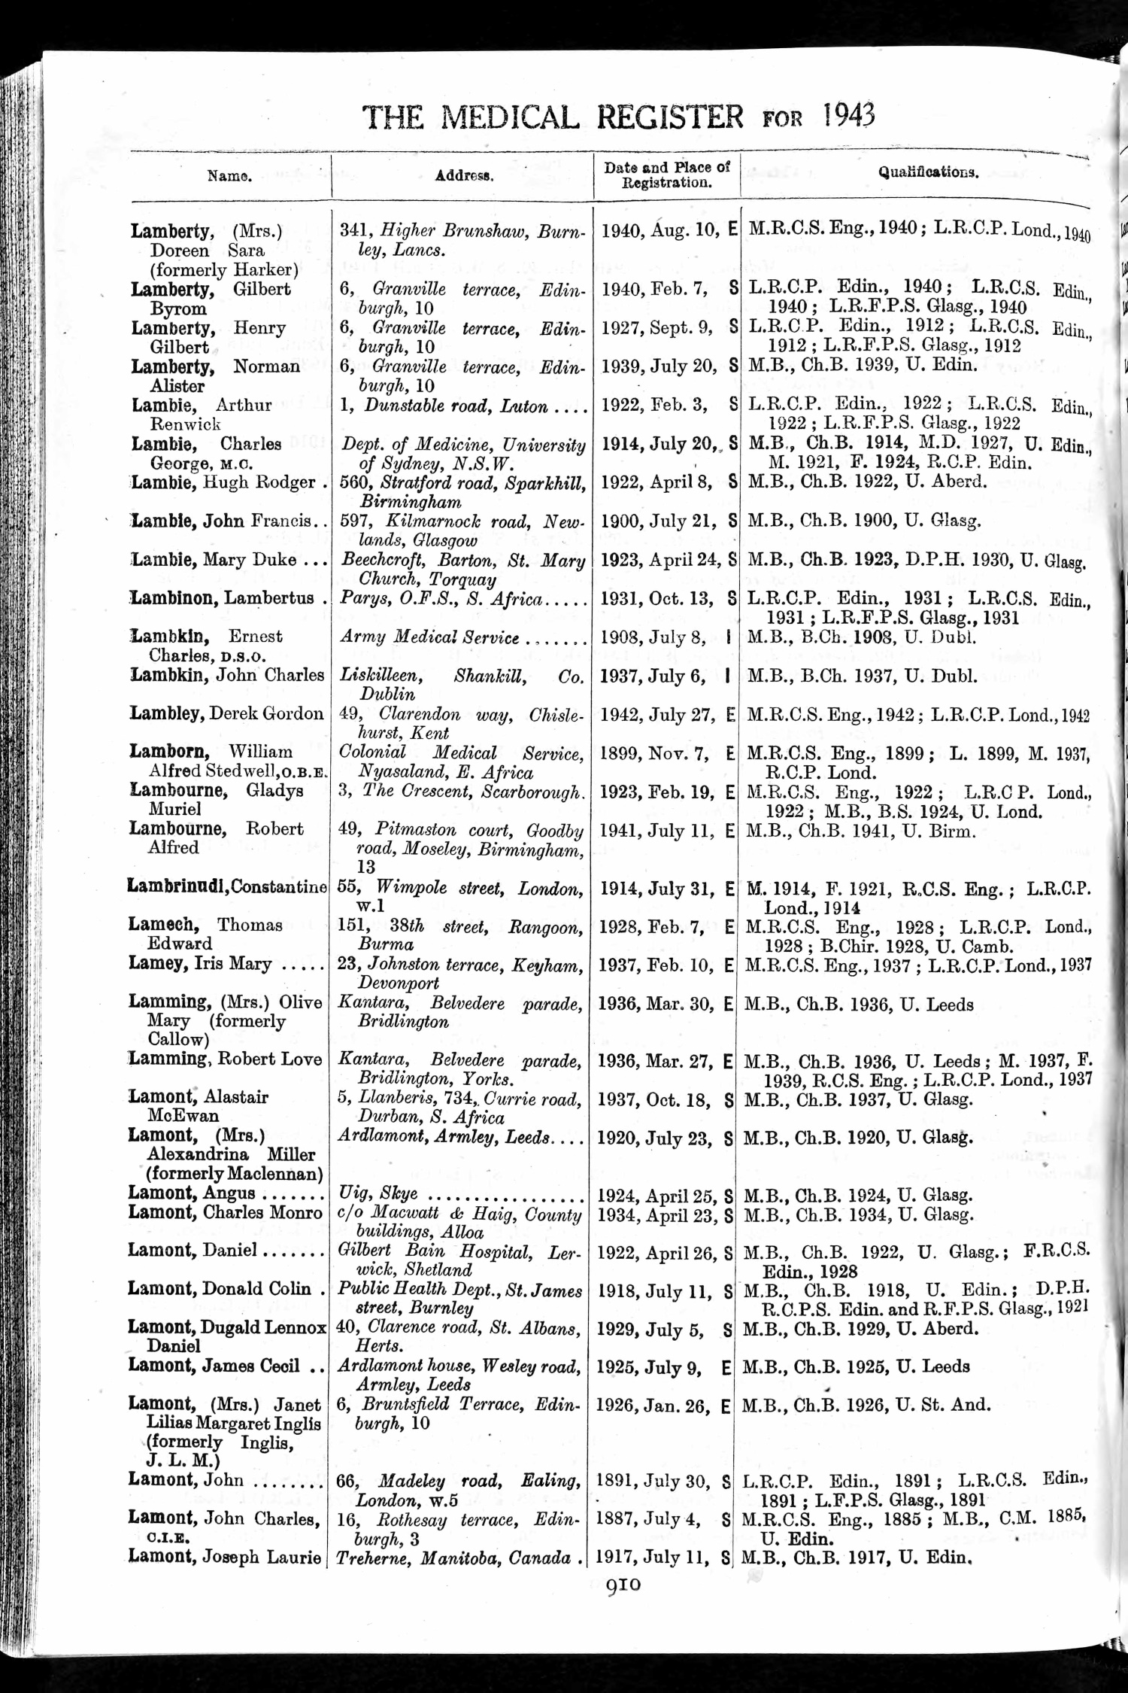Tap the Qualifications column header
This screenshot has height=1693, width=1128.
pyautogui.click(x=929, y=172)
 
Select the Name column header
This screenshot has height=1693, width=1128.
pyautogui.click(x=229, y=176)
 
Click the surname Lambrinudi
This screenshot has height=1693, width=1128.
pyautogui.click(x=177, y=887)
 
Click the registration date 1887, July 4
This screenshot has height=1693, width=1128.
pyautogui.click(x=647, y=1519)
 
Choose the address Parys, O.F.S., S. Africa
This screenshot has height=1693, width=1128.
pyautogui.click(x=441, y=599)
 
